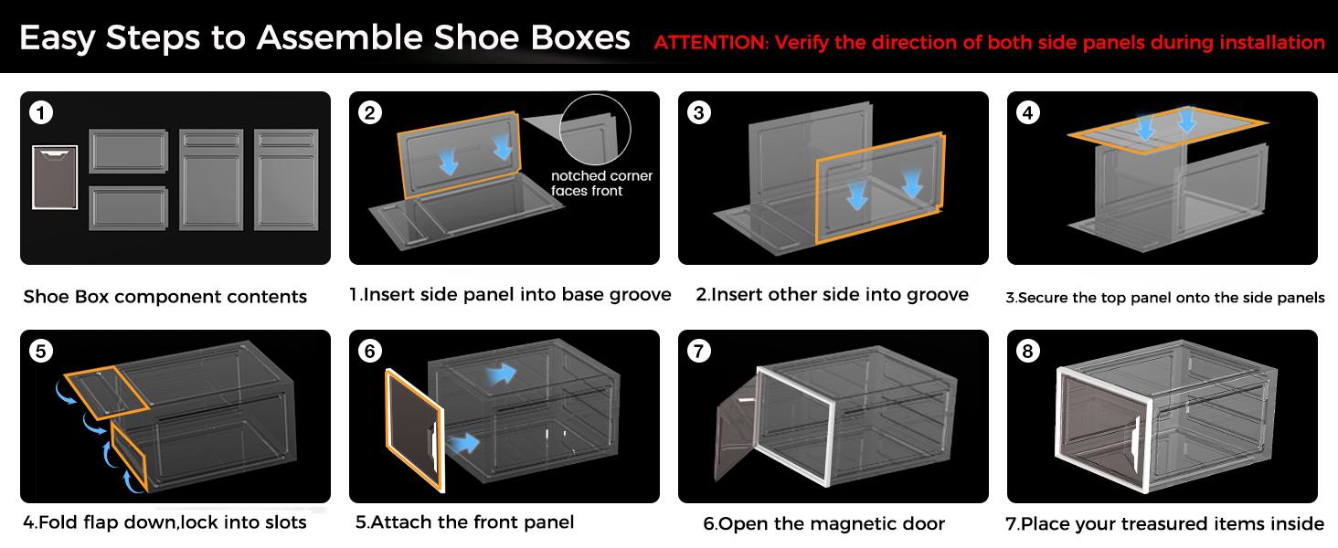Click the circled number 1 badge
(x=40, y=113)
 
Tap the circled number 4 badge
(x=1028, y=113)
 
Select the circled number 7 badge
(x=699, y=352)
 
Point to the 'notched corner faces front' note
(x=601, y=184)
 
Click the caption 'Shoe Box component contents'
(x=165, y=297)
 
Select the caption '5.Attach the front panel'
(x=464, y=522)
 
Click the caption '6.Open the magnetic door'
(x=823, y=523)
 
